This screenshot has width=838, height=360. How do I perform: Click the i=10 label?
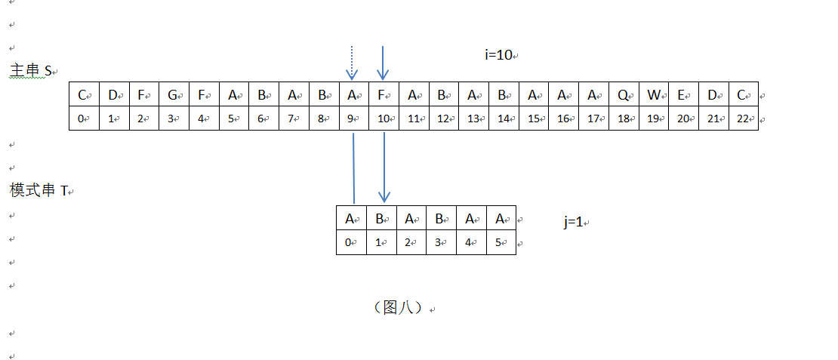[x=498, y=54]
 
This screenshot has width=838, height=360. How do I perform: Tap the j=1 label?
[x=573, y=222]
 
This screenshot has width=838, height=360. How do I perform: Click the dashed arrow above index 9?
[x=352, y=63]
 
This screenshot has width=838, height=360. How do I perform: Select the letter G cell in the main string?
[x=174, y=96]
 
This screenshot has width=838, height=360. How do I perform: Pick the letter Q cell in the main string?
[x=624, y=96]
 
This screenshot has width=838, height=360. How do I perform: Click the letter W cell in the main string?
[x=654, y=96]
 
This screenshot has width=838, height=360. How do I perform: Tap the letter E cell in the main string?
[x=683, y=96]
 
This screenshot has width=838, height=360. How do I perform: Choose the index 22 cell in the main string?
[x=743, y=118]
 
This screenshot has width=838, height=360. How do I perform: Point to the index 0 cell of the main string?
[x=83, y=118]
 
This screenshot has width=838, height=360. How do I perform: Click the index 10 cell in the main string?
[x=384, y=118]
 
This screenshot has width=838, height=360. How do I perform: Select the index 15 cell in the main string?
[x=534, y=118]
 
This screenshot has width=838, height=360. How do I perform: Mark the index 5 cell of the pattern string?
[x=501, y=242]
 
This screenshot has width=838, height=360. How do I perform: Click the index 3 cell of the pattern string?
[x=441, y=242]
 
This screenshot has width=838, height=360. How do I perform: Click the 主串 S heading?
[x=30, y=71]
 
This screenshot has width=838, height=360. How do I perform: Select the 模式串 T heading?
[x=39, y=191]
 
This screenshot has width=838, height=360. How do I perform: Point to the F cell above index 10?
[x=384, y=96]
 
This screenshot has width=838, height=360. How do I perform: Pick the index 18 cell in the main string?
[x=624, y=118]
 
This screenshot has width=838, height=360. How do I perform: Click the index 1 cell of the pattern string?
[x=381, y=242]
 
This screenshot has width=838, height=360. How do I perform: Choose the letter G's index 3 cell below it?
[x=174, y=118]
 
